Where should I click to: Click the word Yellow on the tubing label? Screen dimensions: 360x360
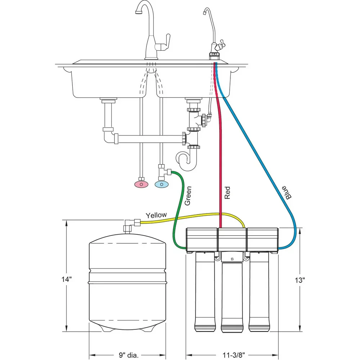coord(156,215)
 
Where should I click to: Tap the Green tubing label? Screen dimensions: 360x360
coord(188,196)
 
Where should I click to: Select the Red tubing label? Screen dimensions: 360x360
coord(227,193)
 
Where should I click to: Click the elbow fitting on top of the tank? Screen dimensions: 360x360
coord(129,225)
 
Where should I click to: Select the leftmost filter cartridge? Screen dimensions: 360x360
coord(205,292)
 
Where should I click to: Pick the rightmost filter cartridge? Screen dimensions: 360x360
coord(259,292)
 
